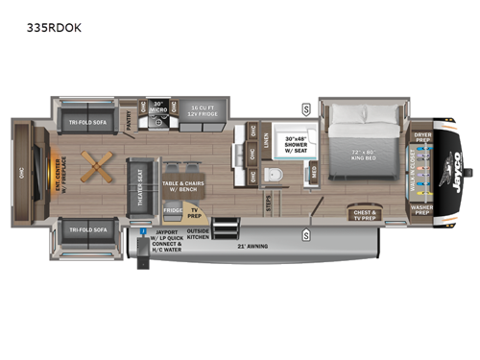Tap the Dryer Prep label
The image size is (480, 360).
[423, 137]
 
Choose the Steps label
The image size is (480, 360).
[267, 204]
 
